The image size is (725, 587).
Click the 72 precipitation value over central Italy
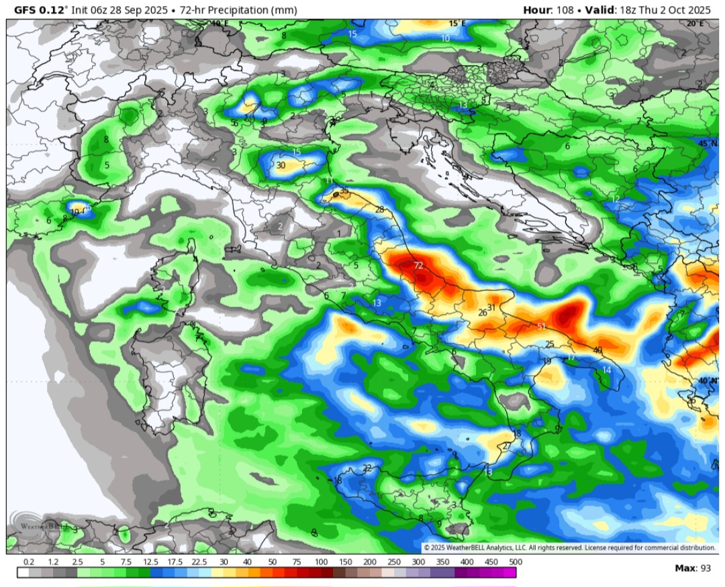[x=418, y=266]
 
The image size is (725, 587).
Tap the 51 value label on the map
[x=540, y=327]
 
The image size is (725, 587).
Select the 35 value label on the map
[x=344, y=191]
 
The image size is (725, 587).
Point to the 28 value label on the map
[x=379, y=210]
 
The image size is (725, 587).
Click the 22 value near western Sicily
[x=367, y=468]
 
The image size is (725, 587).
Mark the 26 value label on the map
[x=482, y=313]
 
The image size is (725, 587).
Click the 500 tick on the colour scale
[x=516, y=562]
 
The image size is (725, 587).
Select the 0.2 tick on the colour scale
[x=29, y=562]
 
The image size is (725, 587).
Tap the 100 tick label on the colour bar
[x=321, y=562]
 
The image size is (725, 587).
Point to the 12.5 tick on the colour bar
[x=150, y=562]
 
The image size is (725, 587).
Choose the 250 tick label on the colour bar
[x=393, y=562]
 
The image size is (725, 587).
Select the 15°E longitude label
[x=456, y=23]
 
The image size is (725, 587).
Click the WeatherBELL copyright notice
[x=569, y=548]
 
